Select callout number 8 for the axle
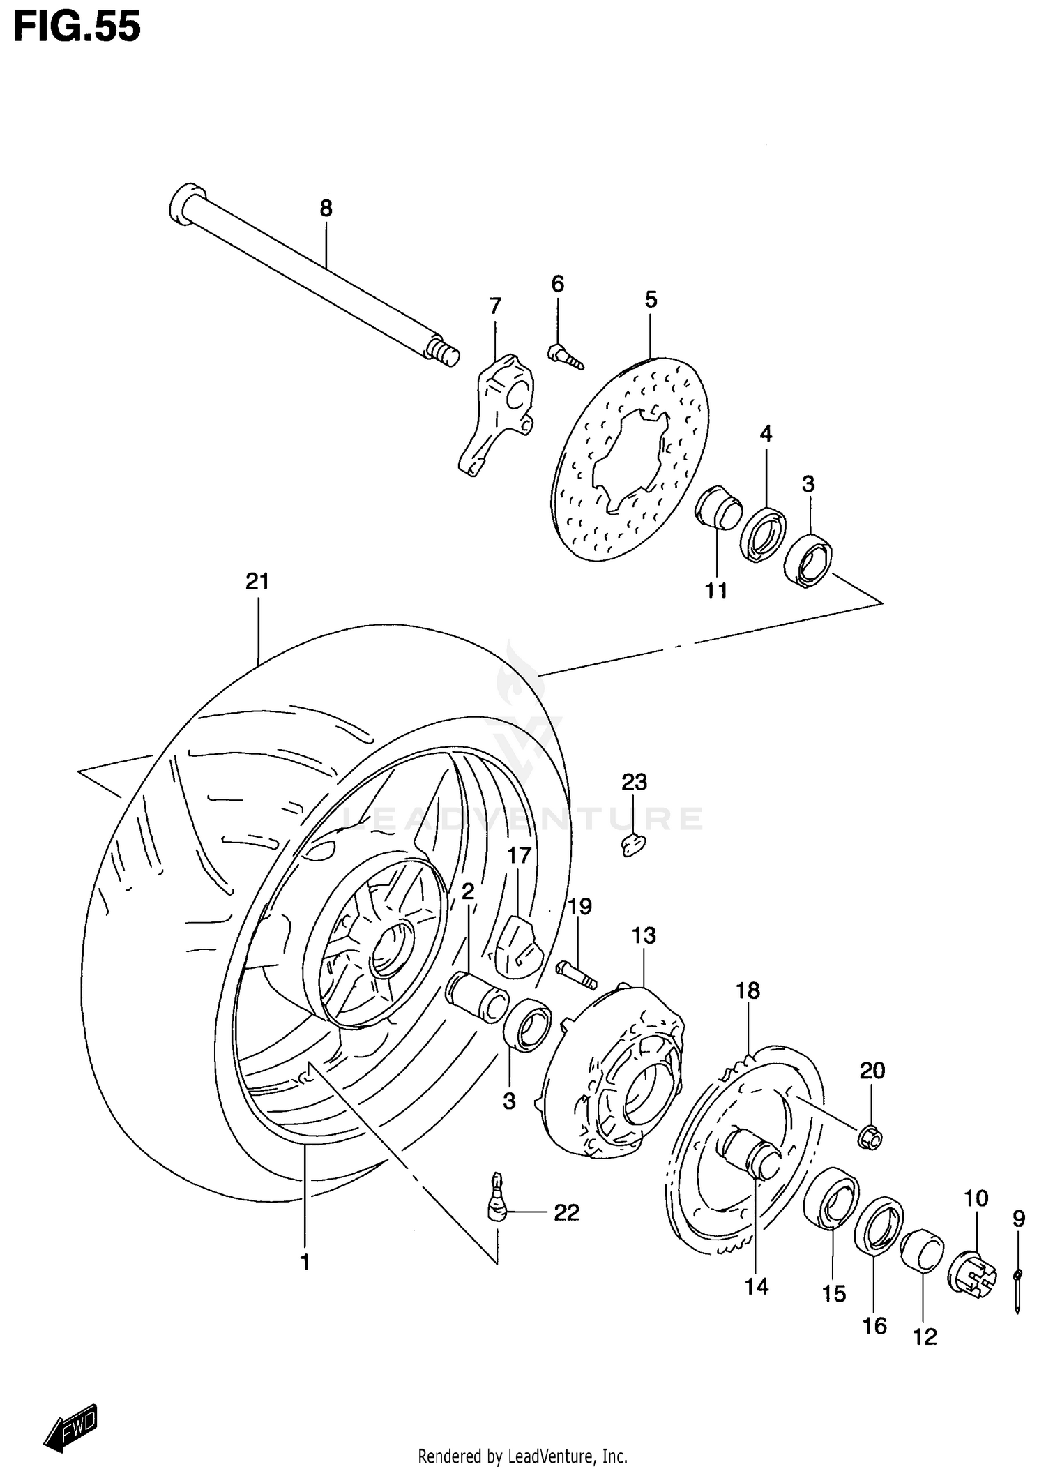click(326, 208)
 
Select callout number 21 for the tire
click(257, 581)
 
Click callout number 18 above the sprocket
click(748, 990)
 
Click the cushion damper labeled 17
click(517, 945)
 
